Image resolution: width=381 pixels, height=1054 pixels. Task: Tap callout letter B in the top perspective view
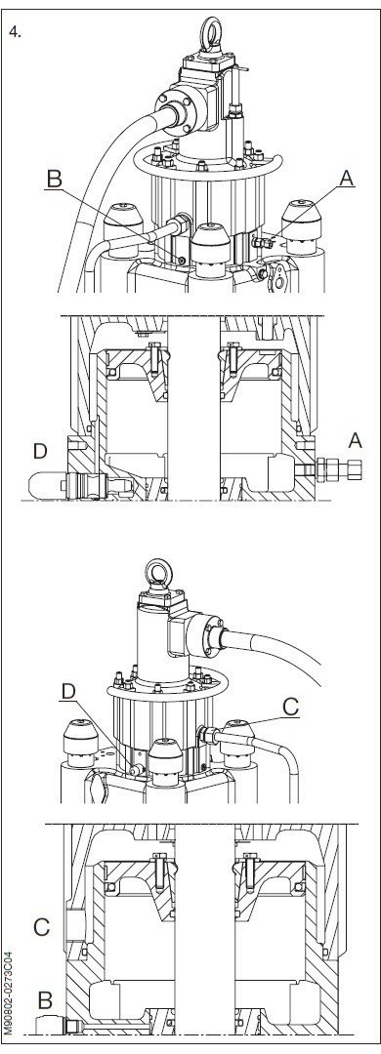click(56, 179)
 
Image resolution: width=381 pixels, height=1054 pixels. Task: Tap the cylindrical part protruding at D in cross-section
click(54, 481)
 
